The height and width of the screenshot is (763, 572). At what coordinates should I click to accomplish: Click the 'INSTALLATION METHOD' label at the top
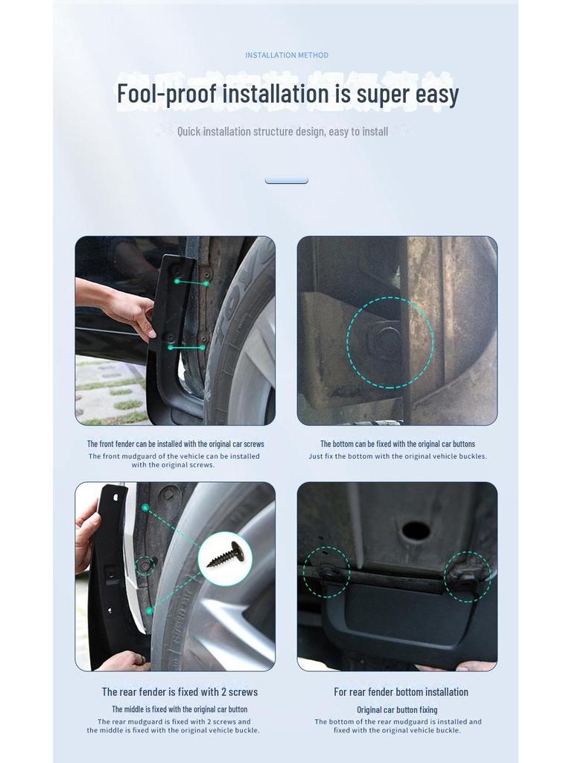287,55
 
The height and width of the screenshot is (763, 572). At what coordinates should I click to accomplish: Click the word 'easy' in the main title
432,95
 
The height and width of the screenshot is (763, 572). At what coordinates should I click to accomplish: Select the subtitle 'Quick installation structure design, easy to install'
282,131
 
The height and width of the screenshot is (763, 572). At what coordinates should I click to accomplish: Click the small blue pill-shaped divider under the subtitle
287,180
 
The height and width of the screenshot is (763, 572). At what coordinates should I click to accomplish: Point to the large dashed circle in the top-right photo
390,343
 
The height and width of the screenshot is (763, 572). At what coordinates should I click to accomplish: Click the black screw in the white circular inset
226,556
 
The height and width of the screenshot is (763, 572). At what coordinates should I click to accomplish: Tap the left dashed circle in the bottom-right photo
325,572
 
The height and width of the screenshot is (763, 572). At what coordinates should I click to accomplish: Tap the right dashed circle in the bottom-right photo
468,577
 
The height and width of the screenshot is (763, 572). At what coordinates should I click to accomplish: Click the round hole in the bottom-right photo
416,531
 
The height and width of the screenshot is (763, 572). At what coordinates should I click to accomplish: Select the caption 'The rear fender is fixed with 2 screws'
179,691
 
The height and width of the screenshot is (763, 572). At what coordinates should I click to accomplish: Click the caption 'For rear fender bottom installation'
401,691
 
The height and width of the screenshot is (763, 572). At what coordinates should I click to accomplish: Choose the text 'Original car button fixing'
397,709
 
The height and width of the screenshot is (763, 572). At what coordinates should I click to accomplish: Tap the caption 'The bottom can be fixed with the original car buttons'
398,443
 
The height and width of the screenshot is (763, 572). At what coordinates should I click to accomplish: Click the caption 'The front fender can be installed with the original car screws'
176,443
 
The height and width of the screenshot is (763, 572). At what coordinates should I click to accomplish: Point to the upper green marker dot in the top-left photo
178,281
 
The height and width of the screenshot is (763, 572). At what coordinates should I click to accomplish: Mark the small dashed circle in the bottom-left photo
144,566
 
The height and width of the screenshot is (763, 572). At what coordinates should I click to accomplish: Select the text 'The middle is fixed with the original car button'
179,709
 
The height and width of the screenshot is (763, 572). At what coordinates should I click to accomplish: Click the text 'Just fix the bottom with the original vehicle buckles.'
398,456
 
